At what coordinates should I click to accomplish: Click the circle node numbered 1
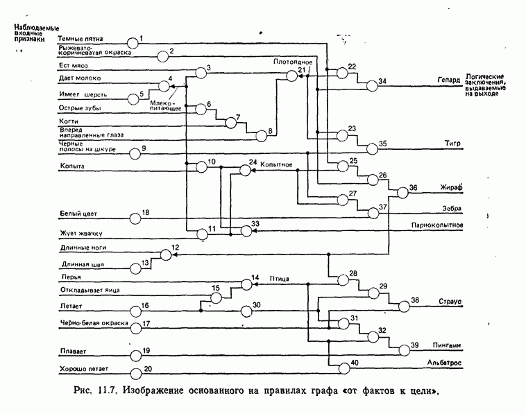click(133, 41)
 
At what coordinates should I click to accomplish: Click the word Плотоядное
click(292, 62)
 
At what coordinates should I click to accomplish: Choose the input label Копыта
click(72, 166)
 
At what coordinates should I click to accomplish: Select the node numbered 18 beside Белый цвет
click(135, 218)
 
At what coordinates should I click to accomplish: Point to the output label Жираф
click(450, 188)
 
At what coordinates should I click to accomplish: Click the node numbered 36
click(403, 192)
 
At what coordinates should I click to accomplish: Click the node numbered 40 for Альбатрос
click(344, 367)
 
